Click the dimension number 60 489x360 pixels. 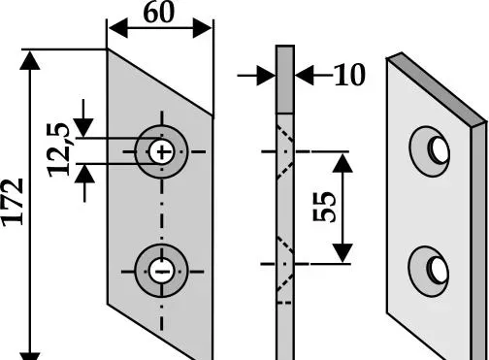(x=158, y=13)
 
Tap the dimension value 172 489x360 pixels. (x=13, y=202)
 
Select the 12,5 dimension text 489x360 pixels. (x=58, y=150)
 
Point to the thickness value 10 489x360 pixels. (x=349, y=75)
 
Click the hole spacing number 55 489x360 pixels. (x=324, y=207)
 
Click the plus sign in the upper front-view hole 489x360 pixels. (x=162, y=151)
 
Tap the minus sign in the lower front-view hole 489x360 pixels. (x=162, y=272)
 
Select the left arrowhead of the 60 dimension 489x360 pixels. (x=118, y=28)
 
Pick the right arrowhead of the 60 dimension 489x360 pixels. (x=203, y=28)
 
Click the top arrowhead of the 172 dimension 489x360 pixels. (x=30, y=60)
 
